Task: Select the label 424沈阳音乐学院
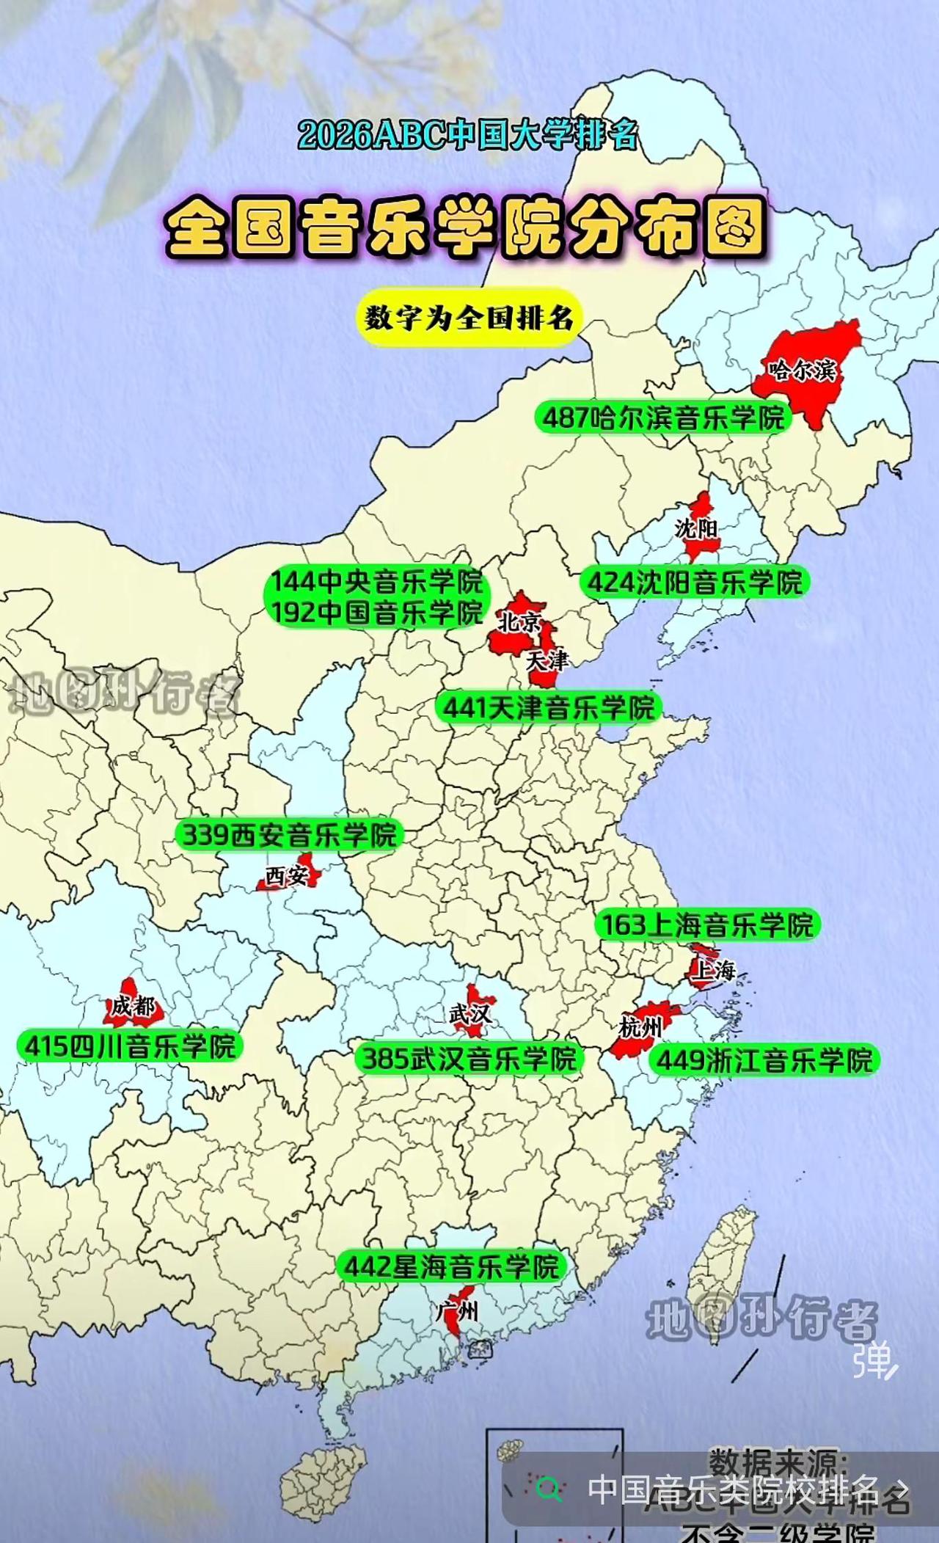tap(694, 583)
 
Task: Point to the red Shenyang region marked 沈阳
tap(698, 527)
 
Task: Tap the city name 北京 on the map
tap(519, 622)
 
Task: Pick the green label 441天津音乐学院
tap(548, 708)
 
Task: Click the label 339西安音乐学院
tap(288, 834)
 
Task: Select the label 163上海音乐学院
tap(707, 924)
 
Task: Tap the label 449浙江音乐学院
tap(764, 1059)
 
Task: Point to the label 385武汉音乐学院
tap(469, 1058)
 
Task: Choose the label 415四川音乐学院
tap(131, 1046)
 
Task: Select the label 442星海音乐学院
tap(451, 1266)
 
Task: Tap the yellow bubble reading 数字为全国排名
tap(469, 318)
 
